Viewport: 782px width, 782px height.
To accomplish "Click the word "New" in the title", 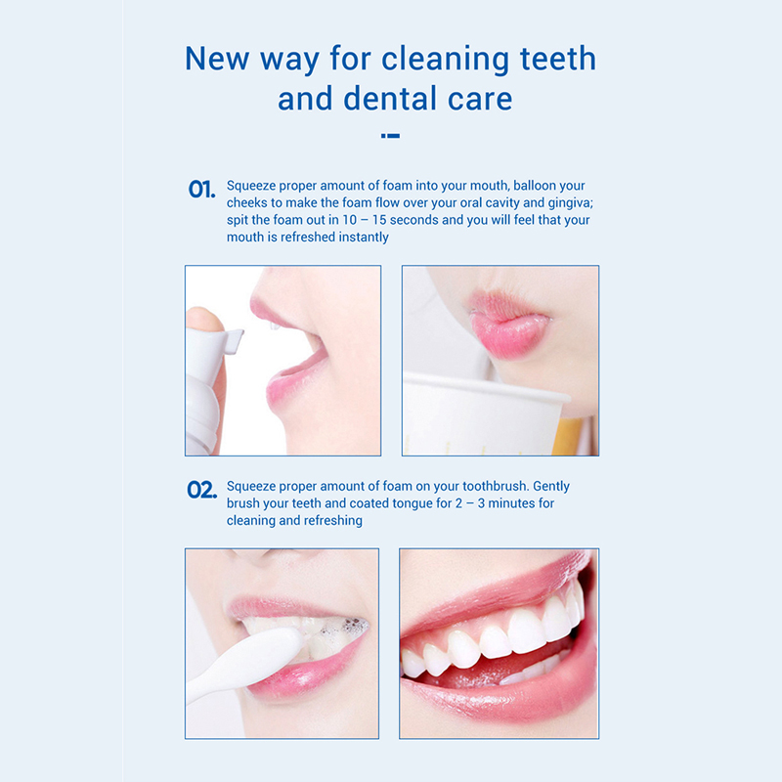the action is pyautogui.click(x=217, y=59).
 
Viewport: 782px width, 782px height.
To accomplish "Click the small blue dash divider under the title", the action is pyautogui.click(x=390, y=136).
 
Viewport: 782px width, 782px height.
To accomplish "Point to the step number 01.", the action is pyautogui.click(x=201, y=189).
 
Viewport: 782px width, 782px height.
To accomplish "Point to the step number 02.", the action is pyautogui.click(x=201, y=490).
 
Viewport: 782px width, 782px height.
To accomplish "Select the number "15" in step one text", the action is pyautogui.click(x=379, y=220).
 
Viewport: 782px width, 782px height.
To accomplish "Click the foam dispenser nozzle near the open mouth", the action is pyautogui.click(x=233, y=340).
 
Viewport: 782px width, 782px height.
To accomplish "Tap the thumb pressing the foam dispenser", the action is pyautogui.click(x=204, y=320).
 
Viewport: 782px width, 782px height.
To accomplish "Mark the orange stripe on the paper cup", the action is pyautogui.click(x=570, y=437).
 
